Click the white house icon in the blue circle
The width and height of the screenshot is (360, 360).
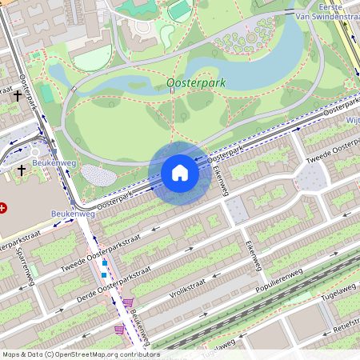click(x=180, y=173)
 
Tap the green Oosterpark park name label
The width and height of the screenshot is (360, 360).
click(x=196, y=82)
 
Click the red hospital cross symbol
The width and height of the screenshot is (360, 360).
click(x=3, y=208)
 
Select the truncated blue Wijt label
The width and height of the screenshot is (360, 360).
click(x=352, y=119)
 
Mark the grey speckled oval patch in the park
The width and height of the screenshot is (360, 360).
click(x=99, y=175)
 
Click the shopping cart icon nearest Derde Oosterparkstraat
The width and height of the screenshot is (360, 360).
click(x=128, y=302)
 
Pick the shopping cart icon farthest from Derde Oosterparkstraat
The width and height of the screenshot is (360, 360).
click(x=120, y=329)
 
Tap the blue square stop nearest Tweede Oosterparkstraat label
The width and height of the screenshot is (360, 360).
click(x=104, y=262)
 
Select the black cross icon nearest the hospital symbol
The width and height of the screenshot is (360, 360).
click(x=21, y=170)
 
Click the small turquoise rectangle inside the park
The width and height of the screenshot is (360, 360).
click(x=47, y=94)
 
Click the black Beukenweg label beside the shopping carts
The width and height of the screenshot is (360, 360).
click(x=140, y=323)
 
